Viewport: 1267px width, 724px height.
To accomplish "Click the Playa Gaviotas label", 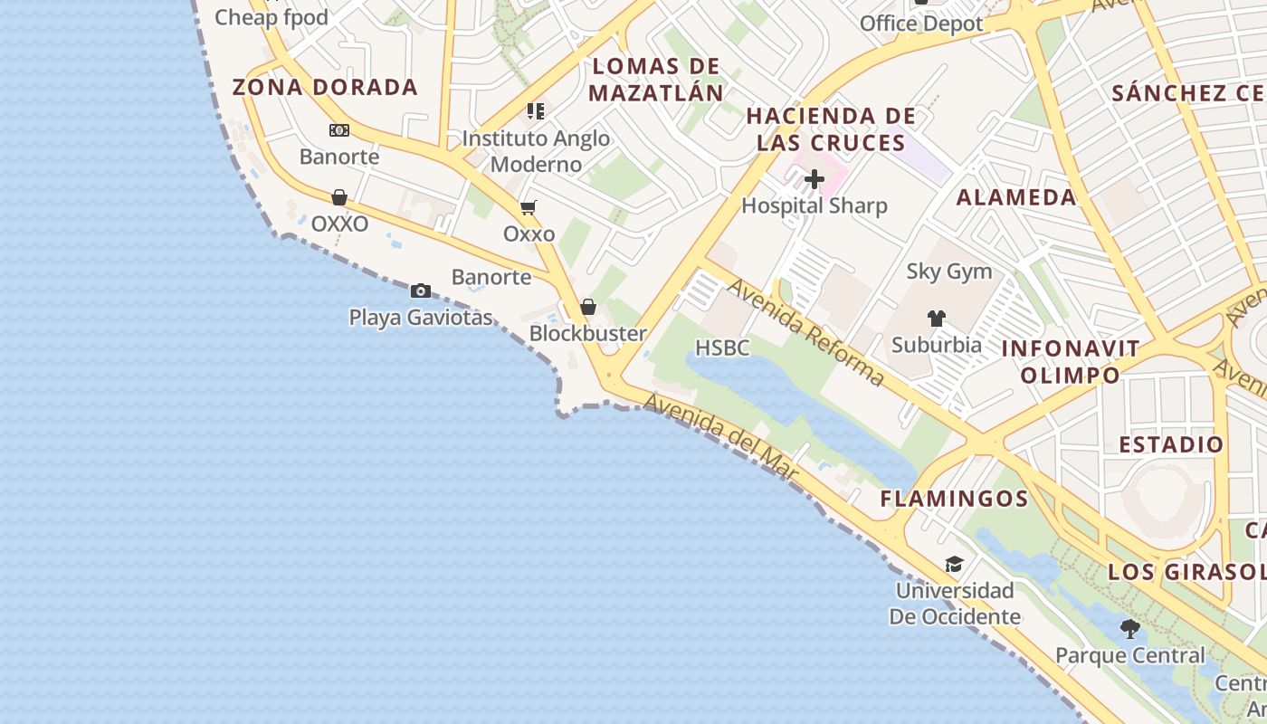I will [x=421, y=318].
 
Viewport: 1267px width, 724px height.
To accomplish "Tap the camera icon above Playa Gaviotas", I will [x=420, y=291].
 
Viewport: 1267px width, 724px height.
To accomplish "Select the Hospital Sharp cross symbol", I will [x=814, y=179].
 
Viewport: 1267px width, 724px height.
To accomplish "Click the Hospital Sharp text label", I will [x=814, y=205].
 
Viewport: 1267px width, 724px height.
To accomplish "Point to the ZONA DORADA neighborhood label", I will [x=325, y=88].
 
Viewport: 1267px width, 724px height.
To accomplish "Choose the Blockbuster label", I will [x=587, y=333].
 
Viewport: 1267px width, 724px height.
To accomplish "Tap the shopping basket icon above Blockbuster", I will [x=588, y=307].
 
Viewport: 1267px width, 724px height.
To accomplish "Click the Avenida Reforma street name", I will [x=805, y=332].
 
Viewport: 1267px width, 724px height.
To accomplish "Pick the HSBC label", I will [x=722, y=348].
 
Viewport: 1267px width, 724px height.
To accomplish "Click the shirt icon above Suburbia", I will [x=936, y=319].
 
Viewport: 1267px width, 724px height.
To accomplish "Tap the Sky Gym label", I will [x=948, y=271].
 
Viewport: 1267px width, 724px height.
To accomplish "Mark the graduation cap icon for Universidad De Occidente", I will [x=954, y=565].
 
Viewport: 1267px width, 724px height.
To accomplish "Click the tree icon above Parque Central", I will [x=1129, y=628].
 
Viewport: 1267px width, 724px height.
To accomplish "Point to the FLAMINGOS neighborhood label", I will [x=954, y=499].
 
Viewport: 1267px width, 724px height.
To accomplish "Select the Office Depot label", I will [x=920, y=24].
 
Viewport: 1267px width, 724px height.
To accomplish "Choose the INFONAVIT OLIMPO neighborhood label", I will [x=1070, y=362].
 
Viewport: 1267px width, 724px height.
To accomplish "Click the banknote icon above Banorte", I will [x=339, y=130].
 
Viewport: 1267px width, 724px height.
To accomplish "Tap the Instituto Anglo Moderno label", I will [x=536, y=151].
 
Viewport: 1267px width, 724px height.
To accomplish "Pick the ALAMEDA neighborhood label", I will [x=1016, y=197].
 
